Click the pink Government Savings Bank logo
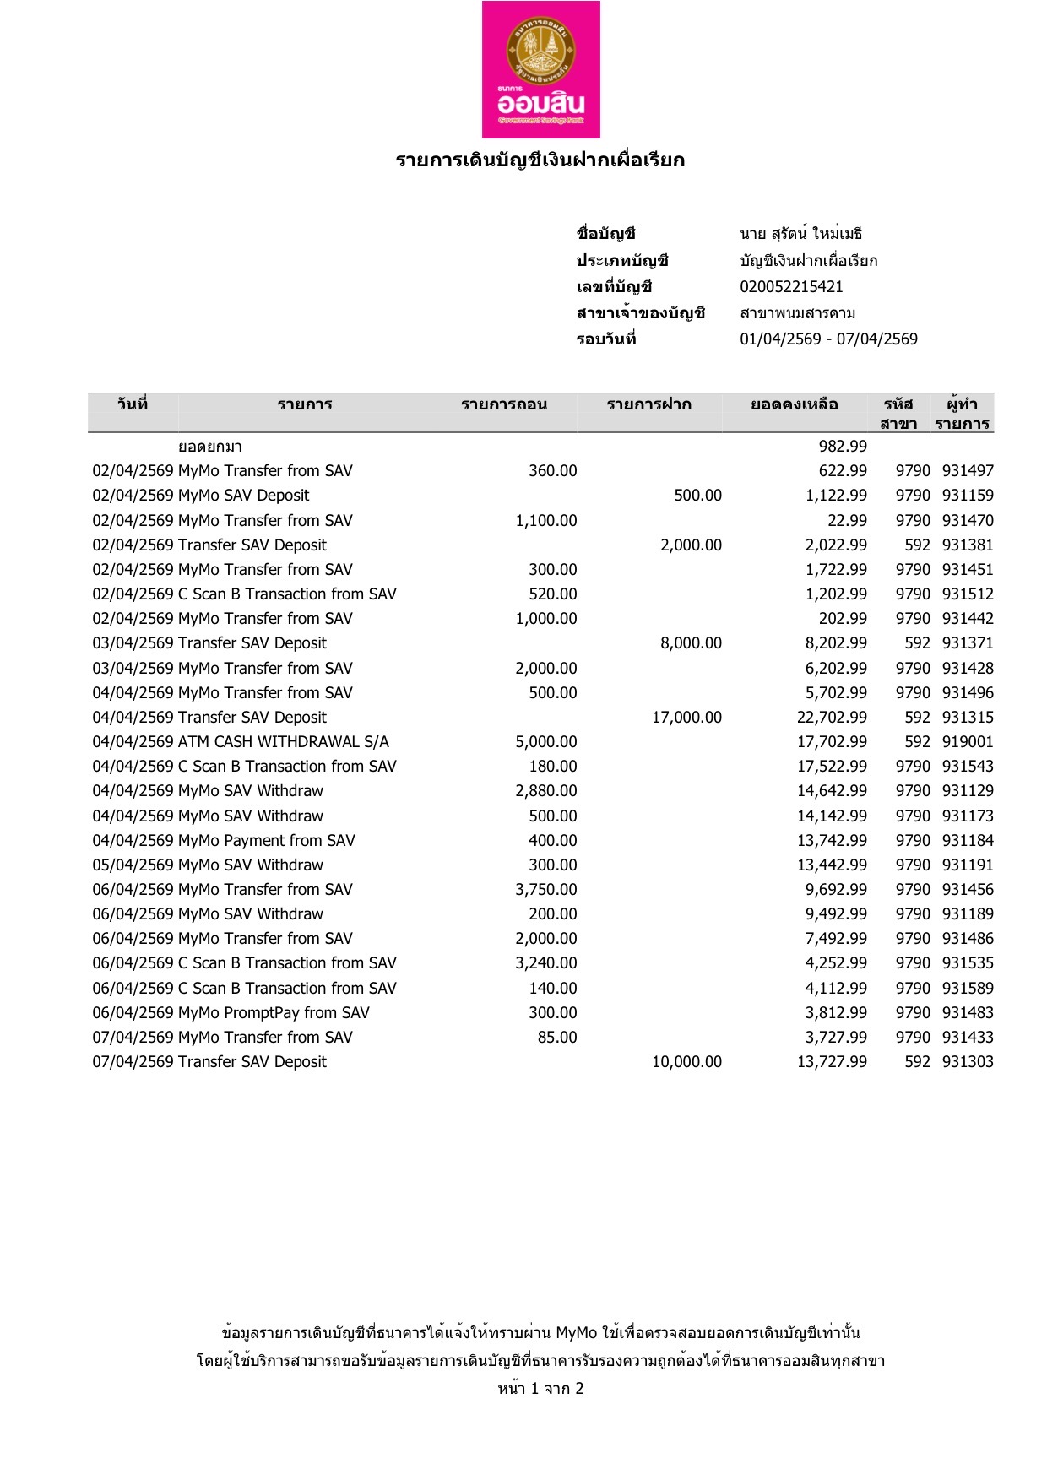pyautogui.click(x=540, y=69)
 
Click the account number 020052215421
pyautogui.click(x=791, y=287)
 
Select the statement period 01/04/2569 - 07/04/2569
pyautogui.click(x=828, y=339)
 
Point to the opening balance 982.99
pyautogui.click(x=843, y=447)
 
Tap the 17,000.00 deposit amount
pyautogui.click(x=686, y=718)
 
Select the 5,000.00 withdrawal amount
pyautogui.click(x=546, y=742)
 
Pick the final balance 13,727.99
pyautogui.click(x=832, y=1062)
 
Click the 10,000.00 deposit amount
pyautogui.click(x=686, y=1062)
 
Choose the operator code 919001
pyautogui.click(x=968, y=742)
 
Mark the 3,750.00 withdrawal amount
pyautogui.click(x=546, y=890)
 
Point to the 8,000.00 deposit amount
pyautogui.click(x=691, y=643)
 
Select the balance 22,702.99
pyautogui.click(x=832, y=718)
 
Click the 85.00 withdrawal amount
pyautogui.click(x=557, y=1038)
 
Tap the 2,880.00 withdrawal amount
pyautogui.click(x=546, y=791)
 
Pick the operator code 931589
pyautogui.click(x=968, y=989)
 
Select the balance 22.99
pyautogui.click(x=847, y=521)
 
